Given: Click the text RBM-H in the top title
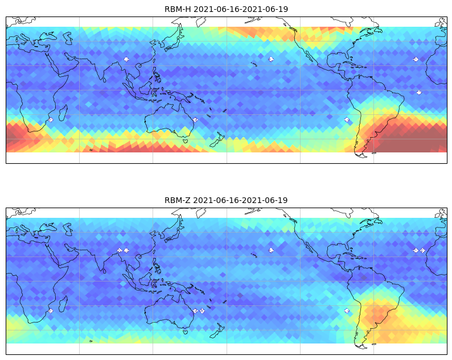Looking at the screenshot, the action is coord(178,9).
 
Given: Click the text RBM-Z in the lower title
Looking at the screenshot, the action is coord(178,200).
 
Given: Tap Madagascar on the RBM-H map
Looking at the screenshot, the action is coord(63,113).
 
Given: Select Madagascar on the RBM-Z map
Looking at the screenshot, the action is coord(63,304).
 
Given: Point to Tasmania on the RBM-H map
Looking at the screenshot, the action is coord(186,141).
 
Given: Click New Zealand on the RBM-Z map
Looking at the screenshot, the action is coord(217,330).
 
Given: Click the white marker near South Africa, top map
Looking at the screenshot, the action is coord(51,120).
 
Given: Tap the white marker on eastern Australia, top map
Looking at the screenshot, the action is coord(195,120).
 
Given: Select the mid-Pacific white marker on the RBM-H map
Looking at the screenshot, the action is coord(271,59).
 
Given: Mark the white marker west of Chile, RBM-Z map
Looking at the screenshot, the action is coord(347,311).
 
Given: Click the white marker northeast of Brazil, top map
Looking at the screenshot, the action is coord(419,93).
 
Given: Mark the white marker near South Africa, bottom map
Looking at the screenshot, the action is coord(51,311).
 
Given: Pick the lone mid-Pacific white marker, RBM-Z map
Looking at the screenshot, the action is coord(271,250).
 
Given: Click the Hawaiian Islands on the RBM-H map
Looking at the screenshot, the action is coord(254,64).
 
